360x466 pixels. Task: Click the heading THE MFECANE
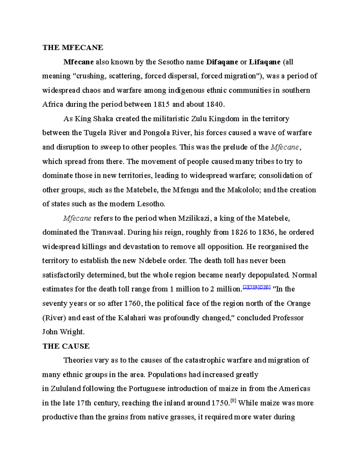coord(73,47)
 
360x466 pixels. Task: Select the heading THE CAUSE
coord(66,346)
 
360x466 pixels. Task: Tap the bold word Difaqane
coord(222,62)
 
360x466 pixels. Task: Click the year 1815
coord(161,104)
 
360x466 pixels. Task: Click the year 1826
coord(239,232)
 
